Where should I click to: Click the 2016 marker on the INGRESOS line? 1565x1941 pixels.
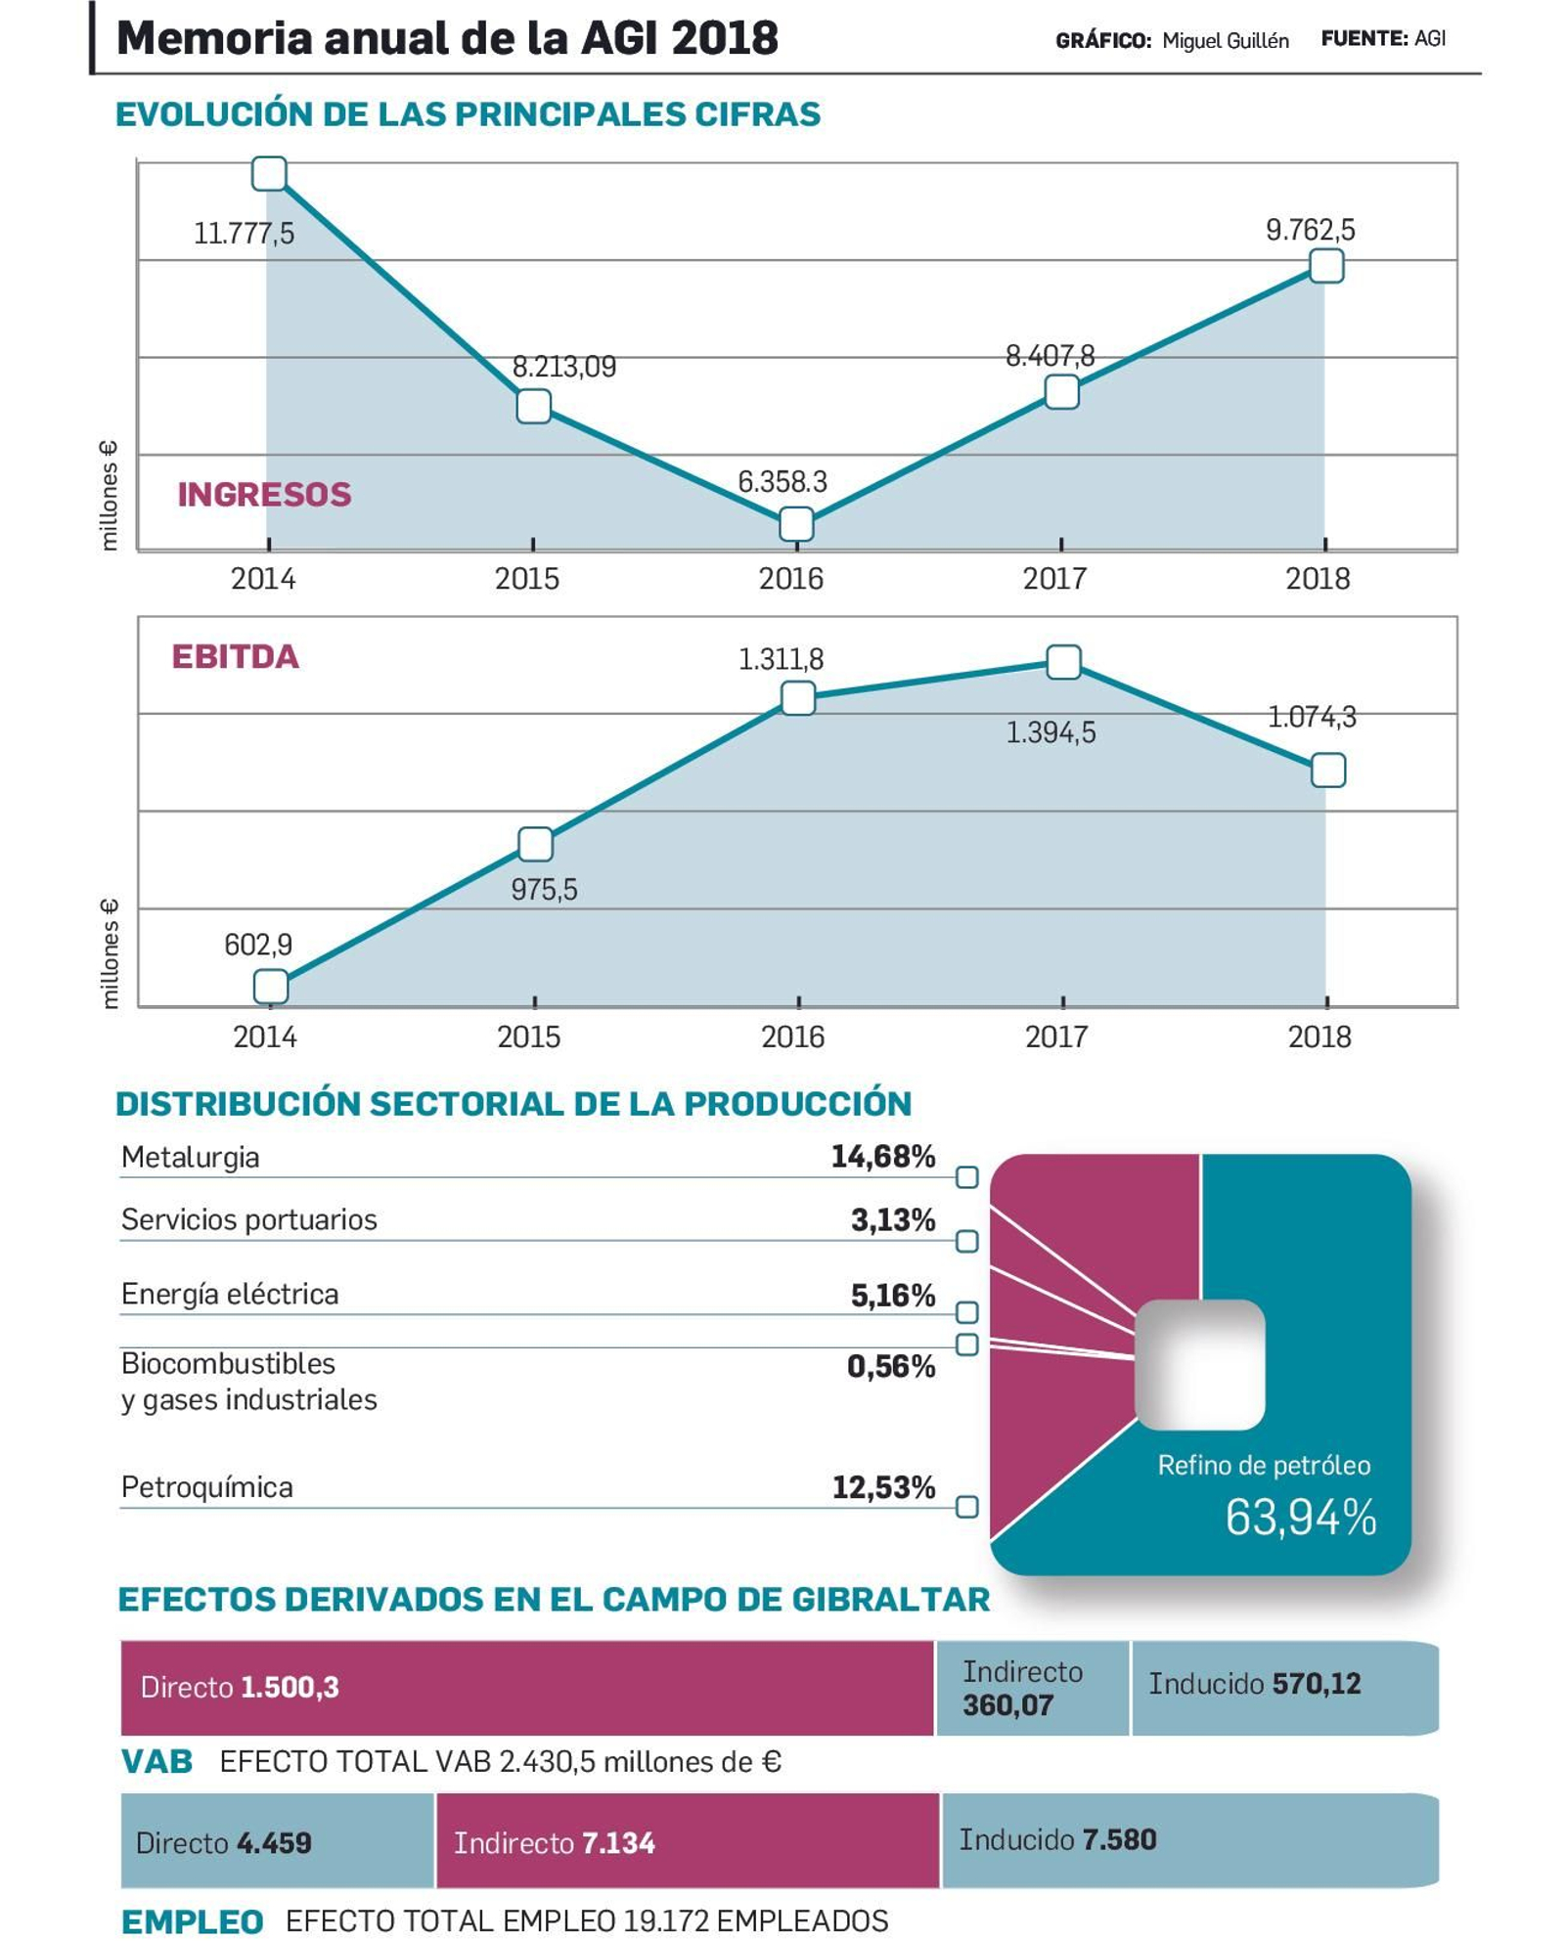(x=796, y=524)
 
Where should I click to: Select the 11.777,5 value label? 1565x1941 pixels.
(x=244, y=234)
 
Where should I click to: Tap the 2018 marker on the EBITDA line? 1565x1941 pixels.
(x=1327, y=771)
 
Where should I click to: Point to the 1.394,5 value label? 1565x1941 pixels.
(x=1051, y=732)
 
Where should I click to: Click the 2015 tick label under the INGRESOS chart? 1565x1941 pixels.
(x=527, y=579)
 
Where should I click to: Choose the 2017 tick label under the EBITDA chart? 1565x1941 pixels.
(x=1055, y=1037)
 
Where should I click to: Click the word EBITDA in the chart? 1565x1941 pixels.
(x=235, y=656)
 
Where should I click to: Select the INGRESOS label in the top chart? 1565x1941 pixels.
(x=264, y=495)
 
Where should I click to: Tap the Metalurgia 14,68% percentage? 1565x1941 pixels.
(x=882, y=1157)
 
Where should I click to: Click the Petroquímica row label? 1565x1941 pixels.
(x=206, y=1487)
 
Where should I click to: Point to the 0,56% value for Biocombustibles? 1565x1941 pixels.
(x=890, y=1366)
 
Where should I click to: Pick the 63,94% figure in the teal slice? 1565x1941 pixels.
(x=1300, y=1518)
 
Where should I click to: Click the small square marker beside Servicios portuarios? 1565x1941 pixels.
(x=966, y=1241)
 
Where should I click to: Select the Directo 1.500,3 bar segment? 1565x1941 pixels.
(x=526, y=1688)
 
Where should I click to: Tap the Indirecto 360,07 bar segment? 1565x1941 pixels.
(x=1032, y=1688)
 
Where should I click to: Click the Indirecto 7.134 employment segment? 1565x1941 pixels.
(x=687, y=1842)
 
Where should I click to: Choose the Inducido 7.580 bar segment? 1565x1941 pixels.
(x=1188, y=1840)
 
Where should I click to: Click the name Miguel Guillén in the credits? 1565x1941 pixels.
(x=1225, y=41)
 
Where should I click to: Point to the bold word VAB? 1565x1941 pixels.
(x=156, y=1762)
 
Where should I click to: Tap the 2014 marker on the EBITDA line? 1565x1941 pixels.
(x=271, y=986)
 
